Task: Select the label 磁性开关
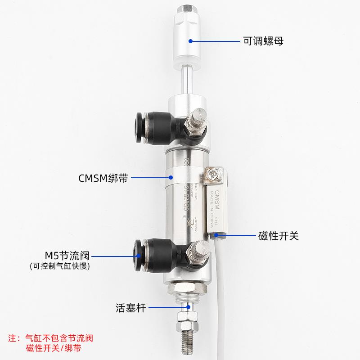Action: [x=279, y=235]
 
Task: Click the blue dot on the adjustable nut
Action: [x=190, y=41]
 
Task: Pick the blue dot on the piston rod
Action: [x=189, y=308]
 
